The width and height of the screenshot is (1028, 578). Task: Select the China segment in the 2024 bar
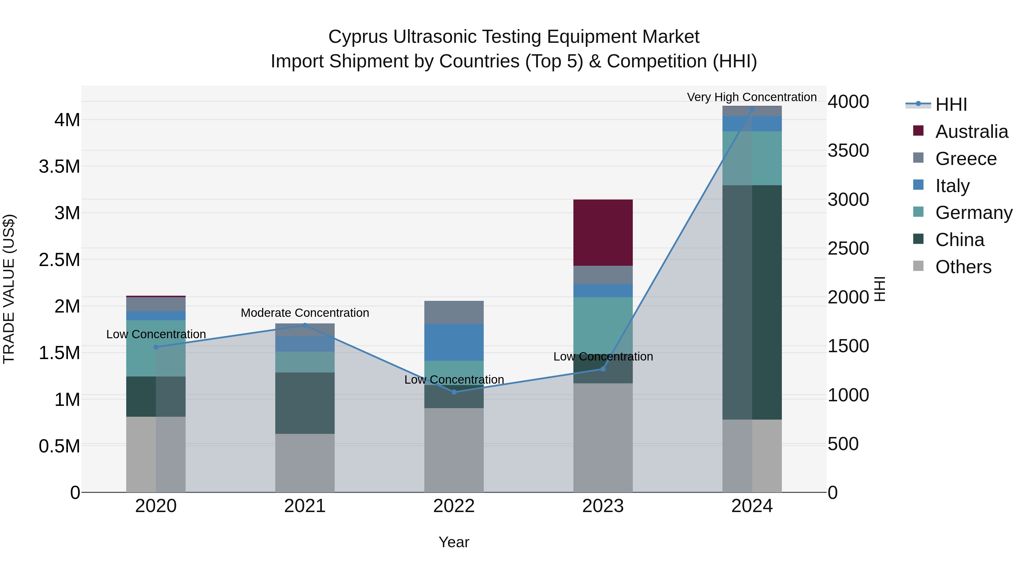(752, 302)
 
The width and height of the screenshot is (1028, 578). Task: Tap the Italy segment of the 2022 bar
(454, 342)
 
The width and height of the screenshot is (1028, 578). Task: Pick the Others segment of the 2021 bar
(305, 463)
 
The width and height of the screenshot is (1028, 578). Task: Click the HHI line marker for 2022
(454, 392)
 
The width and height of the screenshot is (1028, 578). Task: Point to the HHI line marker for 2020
(156, 347)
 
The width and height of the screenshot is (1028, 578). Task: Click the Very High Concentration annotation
(752, 97)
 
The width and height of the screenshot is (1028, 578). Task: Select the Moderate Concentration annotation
(305, 313)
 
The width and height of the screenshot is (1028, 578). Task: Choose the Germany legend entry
(974, 213)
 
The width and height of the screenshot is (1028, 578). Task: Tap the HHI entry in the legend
(951, 104)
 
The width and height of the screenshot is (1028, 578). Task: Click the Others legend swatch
(918, 266)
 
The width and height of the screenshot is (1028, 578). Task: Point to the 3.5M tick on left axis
(59, 166)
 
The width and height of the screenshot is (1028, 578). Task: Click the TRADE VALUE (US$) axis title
(9, 289)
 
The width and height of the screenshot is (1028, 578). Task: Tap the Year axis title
(454, 542)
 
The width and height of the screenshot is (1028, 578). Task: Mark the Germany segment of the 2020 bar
(156, 348)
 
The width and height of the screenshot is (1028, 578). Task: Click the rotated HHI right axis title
(880, 289)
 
